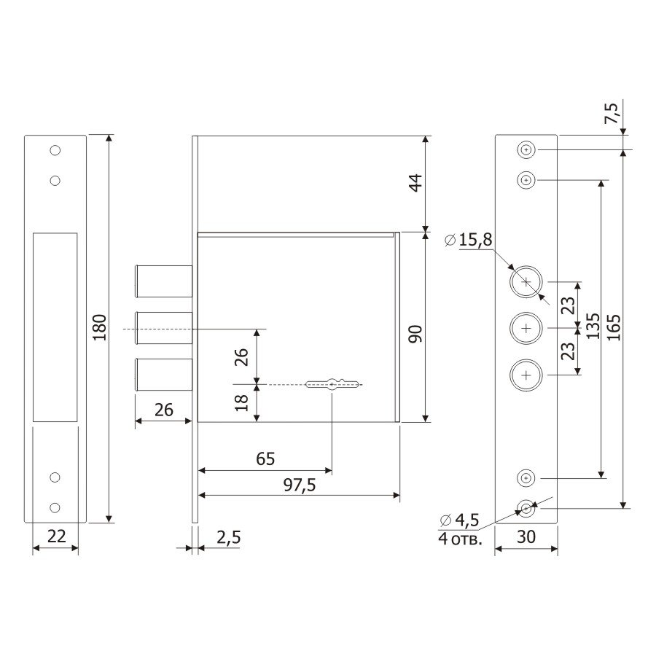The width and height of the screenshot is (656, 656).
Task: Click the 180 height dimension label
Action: tap(100, 327)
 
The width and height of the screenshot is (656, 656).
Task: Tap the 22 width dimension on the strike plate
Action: tap(56, 536)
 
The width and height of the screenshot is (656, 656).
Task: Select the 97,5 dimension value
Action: tap(300, 485)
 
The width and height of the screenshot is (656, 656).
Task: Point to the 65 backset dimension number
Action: tap(265, 459)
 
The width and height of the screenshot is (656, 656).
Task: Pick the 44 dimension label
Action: tap(416, 183)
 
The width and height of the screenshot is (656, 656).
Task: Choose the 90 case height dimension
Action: tap(416, 334)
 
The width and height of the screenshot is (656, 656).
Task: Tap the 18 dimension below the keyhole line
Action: tap(242, 403)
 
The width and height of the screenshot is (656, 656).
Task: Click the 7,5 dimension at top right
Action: tap(612, 113)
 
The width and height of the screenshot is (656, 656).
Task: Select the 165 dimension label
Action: tap(613, 328)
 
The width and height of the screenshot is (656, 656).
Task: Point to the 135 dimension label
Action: tap(593, 326)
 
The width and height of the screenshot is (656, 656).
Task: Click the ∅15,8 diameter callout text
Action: tap(469, 240)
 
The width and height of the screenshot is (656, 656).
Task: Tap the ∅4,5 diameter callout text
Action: tap(459, 520)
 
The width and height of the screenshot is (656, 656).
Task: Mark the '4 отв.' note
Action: tap(460, 539)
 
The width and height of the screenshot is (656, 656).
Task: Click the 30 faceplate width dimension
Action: tap(526, 536)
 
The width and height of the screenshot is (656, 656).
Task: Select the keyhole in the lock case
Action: tap(332, 384)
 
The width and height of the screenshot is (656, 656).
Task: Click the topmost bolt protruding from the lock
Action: tap(163, 281)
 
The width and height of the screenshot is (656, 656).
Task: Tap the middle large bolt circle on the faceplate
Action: tap(526, 329)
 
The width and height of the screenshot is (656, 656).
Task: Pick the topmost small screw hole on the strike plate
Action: tap(55, 150)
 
